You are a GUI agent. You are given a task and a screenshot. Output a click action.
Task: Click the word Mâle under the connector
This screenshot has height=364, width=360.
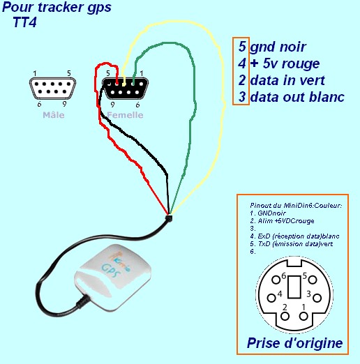point(54,115)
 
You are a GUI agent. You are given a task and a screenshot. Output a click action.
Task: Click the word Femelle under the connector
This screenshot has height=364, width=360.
point(125,115)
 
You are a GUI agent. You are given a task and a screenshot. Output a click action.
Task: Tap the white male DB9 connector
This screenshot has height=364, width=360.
point(53,88)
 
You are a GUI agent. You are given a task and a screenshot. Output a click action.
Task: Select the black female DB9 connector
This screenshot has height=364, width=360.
point(125,89)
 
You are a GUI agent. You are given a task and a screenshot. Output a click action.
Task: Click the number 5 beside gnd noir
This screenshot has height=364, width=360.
point(242,47)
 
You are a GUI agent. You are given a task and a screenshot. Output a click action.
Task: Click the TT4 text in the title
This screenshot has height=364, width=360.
point(25,22)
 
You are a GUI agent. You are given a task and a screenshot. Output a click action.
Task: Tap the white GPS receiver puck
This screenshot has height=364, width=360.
point(112,278)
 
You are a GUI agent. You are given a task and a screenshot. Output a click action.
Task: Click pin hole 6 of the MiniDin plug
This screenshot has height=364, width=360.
point(276,280)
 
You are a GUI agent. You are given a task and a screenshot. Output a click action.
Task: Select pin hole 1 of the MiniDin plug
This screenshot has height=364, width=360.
point(303,317)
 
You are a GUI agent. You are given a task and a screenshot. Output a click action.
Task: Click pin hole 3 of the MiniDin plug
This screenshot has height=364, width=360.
point(317,298)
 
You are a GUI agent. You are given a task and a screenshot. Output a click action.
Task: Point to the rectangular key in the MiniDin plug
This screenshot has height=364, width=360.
point(294,287)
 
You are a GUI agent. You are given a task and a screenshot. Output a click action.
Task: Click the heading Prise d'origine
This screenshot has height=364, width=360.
point(294,343)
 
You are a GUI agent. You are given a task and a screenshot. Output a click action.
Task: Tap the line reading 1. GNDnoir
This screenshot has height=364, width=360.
point(268,213)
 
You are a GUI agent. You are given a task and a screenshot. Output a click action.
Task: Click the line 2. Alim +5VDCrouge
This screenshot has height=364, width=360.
point(282,221)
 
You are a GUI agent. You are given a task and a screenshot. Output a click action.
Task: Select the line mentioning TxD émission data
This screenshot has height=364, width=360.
point(292,244)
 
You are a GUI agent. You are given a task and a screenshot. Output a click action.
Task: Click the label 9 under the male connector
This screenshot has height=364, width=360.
point(64,104)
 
